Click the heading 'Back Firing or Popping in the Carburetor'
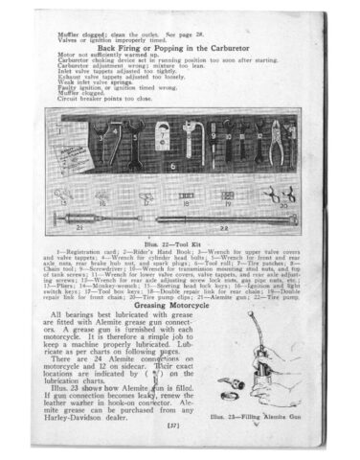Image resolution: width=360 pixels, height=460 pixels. [x=179, y=46]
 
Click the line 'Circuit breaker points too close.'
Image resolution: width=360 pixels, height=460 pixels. [x=105, y=99]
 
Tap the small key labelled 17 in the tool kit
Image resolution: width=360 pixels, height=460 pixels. [x=145, y=198]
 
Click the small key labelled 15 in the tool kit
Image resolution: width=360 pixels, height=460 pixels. [x=69, y=198]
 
